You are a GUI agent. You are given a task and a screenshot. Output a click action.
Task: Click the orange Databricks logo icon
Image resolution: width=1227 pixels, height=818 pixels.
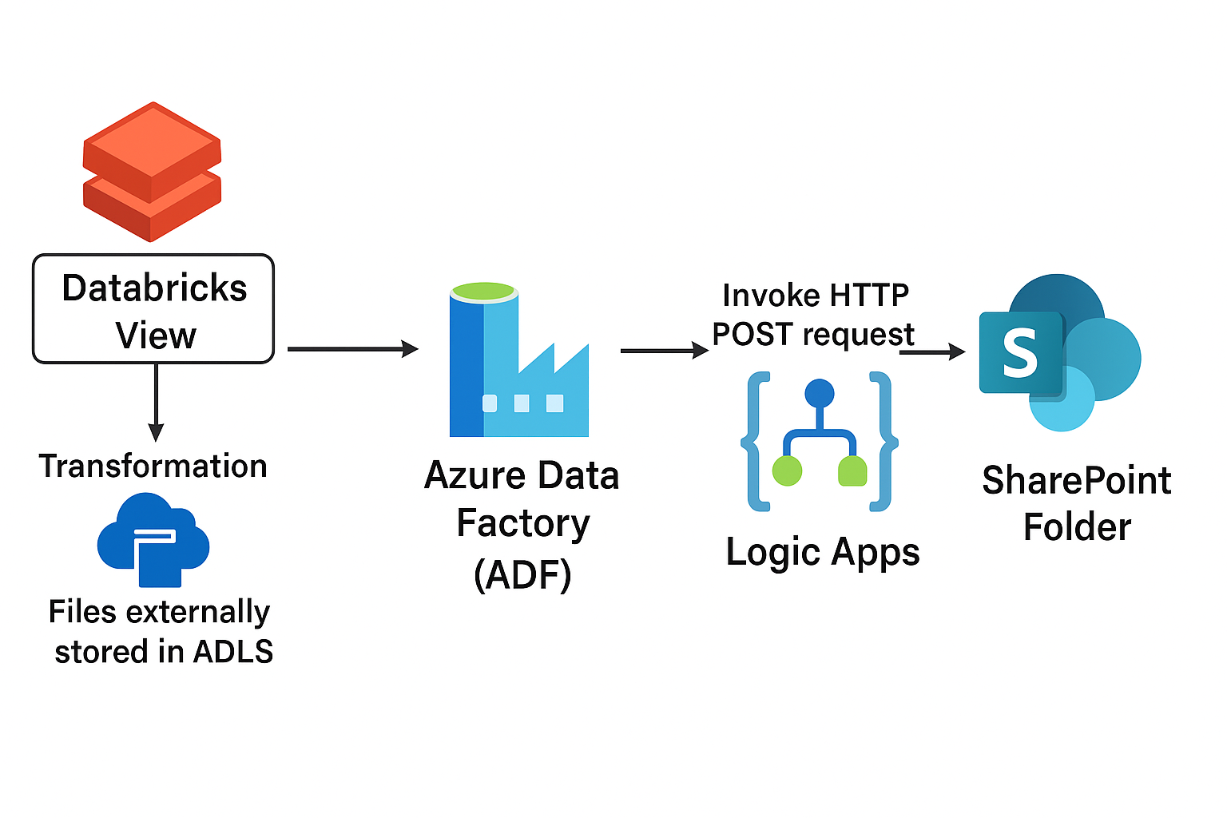click(x=152, y=171)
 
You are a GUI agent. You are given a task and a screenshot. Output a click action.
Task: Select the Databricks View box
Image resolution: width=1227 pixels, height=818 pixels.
click(x=153, y=309)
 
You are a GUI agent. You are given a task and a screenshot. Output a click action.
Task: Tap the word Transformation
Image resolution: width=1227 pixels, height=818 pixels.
click(x=153, y=466)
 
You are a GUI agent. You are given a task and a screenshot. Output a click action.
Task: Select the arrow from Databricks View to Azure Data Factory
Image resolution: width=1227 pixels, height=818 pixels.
click(x=352, y=349)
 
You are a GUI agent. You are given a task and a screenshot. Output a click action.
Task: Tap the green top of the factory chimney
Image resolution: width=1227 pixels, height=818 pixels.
click(x=483, y=291)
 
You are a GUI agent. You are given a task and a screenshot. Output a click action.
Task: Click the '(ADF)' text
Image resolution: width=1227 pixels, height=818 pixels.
click(x=522, y=574)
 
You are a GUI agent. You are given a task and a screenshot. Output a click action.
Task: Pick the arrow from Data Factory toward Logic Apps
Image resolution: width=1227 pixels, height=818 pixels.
click(x=664, y=351)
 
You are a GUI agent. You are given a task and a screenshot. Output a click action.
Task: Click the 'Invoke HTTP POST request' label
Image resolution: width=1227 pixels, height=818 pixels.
click(x=814, y=315)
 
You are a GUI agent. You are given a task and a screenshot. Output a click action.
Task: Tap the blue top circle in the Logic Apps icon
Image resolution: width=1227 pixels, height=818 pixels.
click(x=820, y=393)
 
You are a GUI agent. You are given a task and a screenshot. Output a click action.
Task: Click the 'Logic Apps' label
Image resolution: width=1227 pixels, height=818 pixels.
click(x=823, y=552)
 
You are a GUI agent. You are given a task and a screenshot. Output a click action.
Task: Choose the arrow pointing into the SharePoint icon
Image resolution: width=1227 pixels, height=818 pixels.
click(x=932, y=351)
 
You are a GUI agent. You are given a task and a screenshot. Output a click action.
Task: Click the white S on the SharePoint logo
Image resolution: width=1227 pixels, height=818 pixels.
click(x=1020, y=353)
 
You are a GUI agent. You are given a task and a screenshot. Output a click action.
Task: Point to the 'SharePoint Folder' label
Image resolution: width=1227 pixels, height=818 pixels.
click(x=1076, y=504)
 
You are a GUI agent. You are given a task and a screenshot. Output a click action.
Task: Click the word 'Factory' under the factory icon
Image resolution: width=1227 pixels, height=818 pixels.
click(x=523, y=524)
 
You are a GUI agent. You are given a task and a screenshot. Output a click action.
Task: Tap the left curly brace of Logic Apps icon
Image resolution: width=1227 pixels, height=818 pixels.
click(x=755, y=441)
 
